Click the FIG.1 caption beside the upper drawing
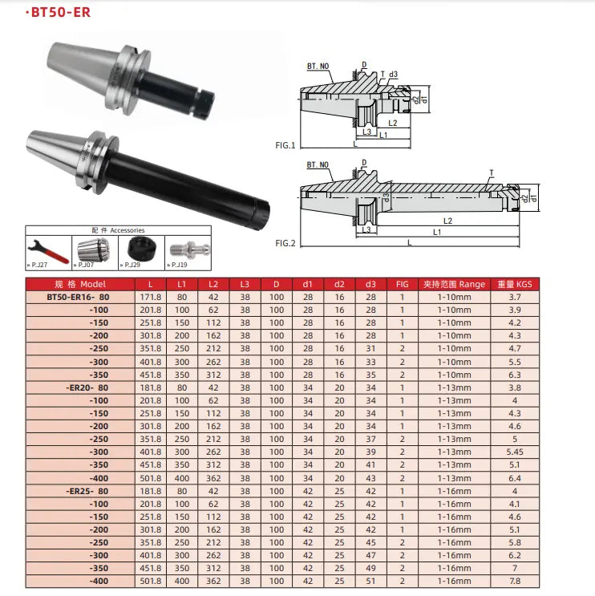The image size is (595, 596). [x=285, y=146]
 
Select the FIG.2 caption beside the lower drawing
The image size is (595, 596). [x=285, y=242]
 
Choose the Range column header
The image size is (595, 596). [x=454, y=284]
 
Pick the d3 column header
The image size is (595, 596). [x=370, y=284]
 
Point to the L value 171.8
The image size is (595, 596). [x=151, y=297]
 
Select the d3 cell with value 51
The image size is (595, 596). [x=370, y=581]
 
